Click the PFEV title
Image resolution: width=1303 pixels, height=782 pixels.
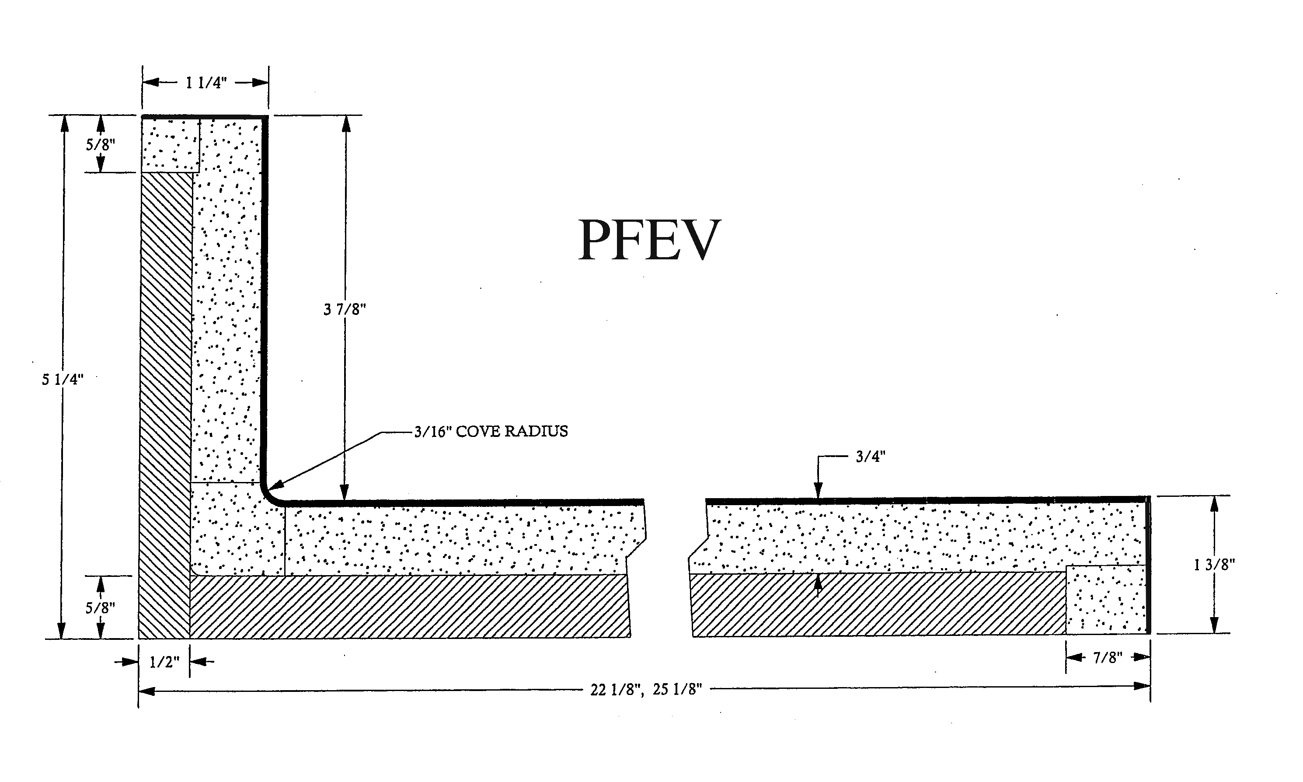click(x=649, y=240)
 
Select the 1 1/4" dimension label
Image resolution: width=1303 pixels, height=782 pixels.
click(x=206, y=83)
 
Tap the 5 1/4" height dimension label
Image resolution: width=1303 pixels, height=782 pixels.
click(x=63, y=379)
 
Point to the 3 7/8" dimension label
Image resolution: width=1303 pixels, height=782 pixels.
click(x=345, y=309)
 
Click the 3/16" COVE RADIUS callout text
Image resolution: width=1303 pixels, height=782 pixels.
click(x=491, y=432)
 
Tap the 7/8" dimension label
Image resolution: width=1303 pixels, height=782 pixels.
click(x=1108, y=658)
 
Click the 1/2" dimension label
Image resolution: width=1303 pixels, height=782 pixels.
click(x=164, y=662)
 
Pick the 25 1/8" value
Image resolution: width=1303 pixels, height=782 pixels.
click(x=677, y=690)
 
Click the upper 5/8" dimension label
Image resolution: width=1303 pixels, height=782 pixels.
click(x=100, y=144)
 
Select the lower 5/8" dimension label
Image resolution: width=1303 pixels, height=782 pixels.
click(x=100, y=608)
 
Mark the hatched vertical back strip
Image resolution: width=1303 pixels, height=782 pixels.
click(x=165, y=401)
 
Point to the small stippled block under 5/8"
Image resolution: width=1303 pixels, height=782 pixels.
click(x=170, y=144)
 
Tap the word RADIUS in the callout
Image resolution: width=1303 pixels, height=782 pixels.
click(x=536, y=432)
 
